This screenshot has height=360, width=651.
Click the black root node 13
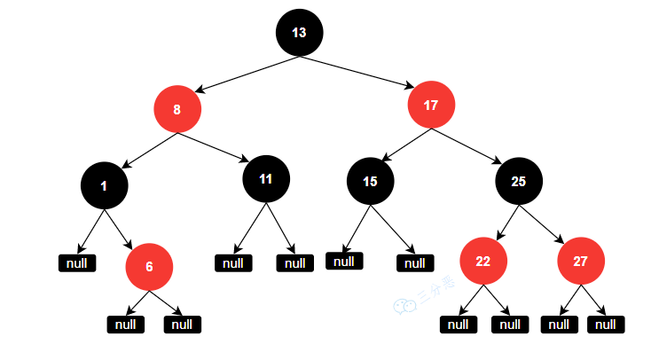(x=299, y=33)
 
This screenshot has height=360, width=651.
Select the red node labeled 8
(x=177, y=111)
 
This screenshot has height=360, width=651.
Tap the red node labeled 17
(x=431, y=106)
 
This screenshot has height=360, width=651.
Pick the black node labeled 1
(x=105, y=185)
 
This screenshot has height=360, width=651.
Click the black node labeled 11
(x=266, y=178)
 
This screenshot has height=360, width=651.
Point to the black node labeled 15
(x=371, y=181)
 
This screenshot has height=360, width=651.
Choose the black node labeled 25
(x=519, y=181)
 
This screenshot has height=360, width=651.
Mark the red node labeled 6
(x=149, y=266)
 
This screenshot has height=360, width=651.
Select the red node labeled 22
(x=483, y=262)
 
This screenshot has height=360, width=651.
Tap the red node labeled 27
(x=581, y=262)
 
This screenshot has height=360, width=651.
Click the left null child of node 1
(x=76, y=262)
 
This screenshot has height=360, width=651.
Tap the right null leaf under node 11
(x=294, y=262)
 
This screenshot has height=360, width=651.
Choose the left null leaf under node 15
(x=344, y=261)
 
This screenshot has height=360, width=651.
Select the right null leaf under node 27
(x=606, y=325)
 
